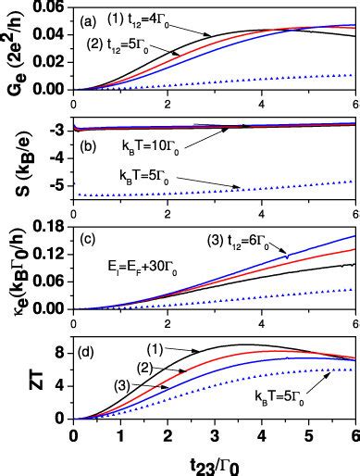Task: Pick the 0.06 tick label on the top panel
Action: tap(50, 6)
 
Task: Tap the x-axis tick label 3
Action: tap(215, 434)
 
